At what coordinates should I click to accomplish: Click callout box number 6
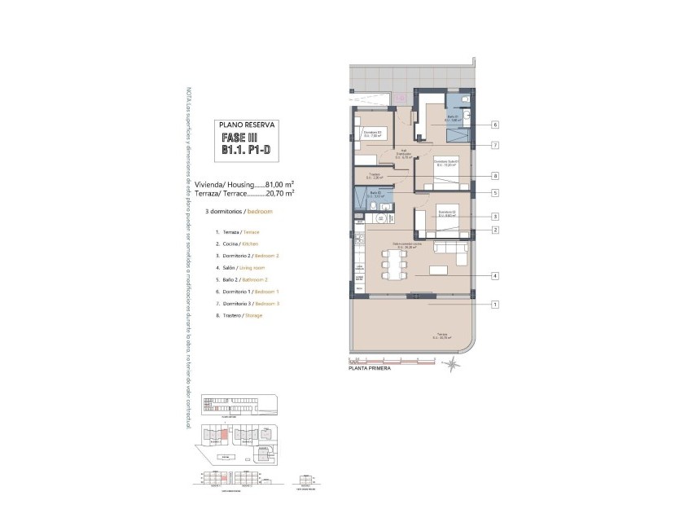[494, 125]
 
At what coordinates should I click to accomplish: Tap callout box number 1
[494, 305]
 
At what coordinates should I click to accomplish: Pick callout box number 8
[494, 176]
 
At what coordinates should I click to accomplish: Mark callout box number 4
[494, 276]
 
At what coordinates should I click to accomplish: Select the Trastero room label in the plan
[375, 175]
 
